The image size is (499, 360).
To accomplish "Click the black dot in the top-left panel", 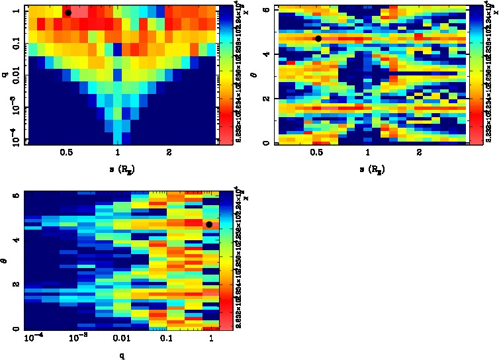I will [68, 13].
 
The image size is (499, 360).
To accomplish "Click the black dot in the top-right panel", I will [318, 38].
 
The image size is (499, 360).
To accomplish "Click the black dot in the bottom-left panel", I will [209, 224].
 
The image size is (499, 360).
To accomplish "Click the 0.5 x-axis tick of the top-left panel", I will [66, 152].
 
